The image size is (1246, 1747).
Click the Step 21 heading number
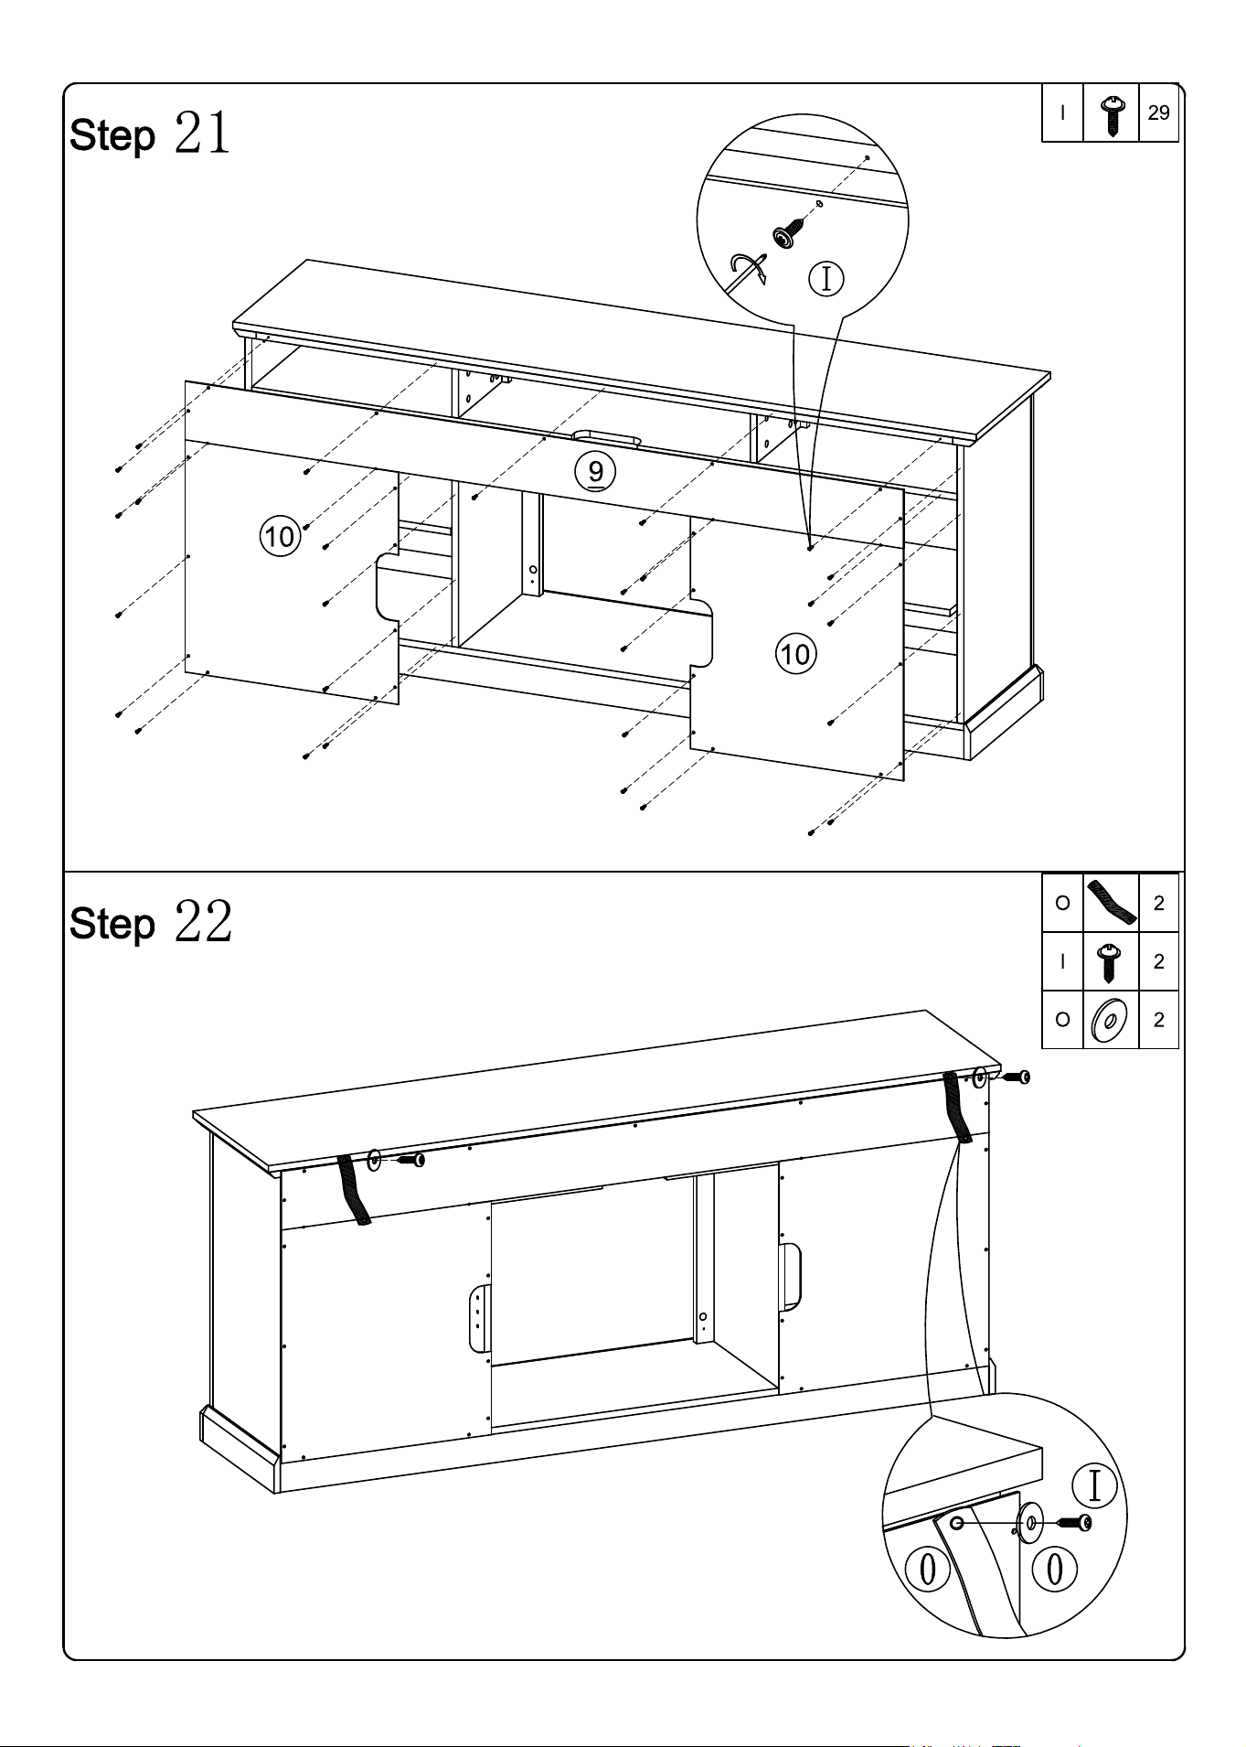(202, 134)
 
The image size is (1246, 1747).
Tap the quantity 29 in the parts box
(1158, 113)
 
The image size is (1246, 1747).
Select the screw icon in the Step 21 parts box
(1111, 114)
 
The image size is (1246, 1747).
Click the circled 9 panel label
(595, 472)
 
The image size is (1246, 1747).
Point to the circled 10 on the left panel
(281, 536)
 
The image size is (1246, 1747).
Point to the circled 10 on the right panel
(795, 654)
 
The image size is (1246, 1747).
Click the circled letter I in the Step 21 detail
(826, 279)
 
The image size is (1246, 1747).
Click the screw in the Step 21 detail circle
(788, 231)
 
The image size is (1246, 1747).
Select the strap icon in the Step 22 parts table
(1111, 901)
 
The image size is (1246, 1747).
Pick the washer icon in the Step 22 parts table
(1110, 1020)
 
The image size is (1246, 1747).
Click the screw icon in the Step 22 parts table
(1110, 961)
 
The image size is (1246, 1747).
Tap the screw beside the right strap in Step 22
(1015, 1077)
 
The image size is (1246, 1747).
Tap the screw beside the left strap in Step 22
(410, 1160)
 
